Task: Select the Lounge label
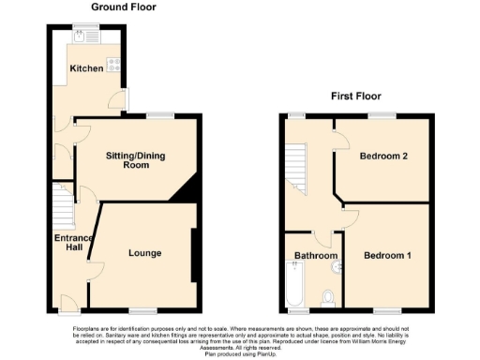144,253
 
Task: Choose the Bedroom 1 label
387,255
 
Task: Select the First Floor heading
356,96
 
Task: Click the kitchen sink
80,37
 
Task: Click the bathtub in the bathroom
293,286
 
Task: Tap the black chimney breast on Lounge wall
194,255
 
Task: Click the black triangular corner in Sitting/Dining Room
187,190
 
